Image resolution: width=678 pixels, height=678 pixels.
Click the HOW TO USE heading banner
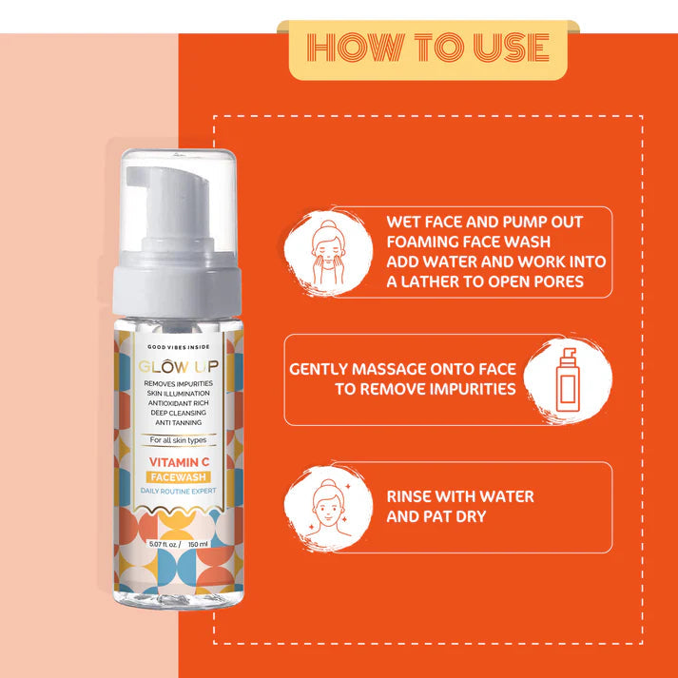click(427, 48)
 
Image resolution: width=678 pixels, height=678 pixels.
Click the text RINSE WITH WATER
click(459, 496)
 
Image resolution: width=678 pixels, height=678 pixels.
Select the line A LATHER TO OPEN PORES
click(485, 281)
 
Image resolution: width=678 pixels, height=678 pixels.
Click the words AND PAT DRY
click(436, 516)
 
